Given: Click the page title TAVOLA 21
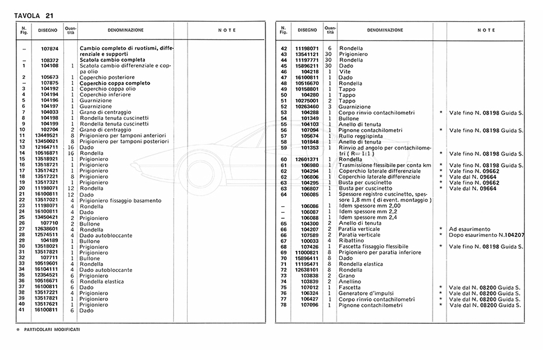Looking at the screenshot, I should [30, 7].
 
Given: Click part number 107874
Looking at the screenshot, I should [49, 48].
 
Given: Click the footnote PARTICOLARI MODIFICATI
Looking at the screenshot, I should [52, 330].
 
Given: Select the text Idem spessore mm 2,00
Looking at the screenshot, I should [366, 206].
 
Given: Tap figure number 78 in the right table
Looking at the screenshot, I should [284, 305].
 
